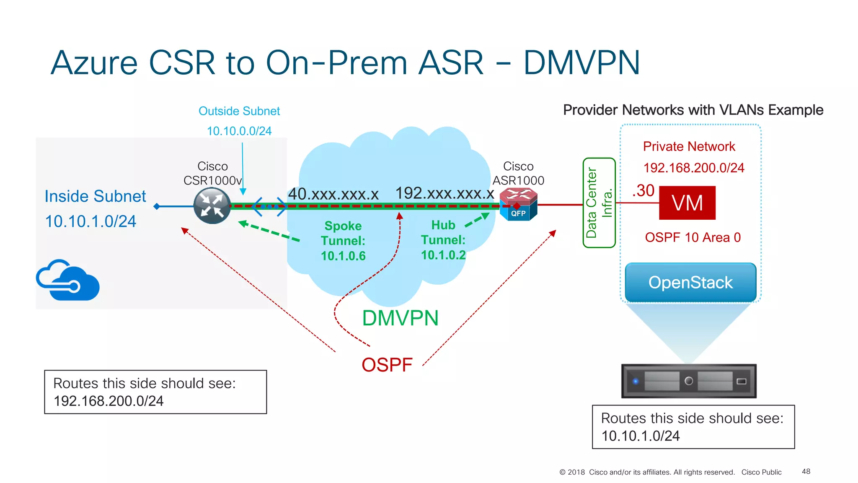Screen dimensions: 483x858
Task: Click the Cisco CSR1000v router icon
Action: click(212, 206)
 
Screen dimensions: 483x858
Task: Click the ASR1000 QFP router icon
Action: click(518, 204)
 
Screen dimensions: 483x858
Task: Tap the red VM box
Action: click(687, 203)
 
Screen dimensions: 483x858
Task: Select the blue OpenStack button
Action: click(690, 283)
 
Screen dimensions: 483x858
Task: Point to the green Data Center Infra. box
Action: click(599, 203)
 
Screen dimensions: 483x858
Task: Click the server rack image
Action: click(689, 381)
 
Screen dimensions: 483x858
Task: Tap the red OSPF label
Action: click(387, 365)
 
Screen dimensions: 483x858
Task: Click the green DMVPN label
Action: click(400, 318)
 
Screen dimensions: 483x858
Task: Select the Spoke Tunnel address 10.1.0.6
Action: click(343, 256)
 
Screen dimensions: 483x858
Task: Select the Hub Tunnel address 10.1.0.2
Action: click(443, 255)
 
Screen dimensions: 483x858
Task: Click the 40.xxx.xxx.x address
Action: click(333, 194)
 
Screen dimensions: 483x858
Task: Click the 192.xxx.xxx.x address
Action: click(445, 193)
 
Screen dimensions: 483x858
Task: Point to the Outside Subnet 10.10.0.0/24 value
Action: click(239, 131)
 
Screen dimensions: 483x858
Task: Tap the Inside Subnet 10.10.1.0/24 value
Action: click(90, 221)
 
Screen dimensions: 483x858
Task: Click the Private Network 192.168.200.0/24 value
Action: click(694, 168)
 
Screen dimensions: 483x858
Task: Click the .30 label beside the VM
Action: click(643, 191)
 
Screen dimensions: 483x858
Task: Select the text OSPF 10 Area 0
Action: click(693, 238)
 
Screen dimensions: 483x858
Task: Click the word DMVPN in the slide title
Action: click(581, 63)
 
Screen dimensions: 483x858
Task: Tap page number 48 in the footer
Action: click(806, 472)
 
